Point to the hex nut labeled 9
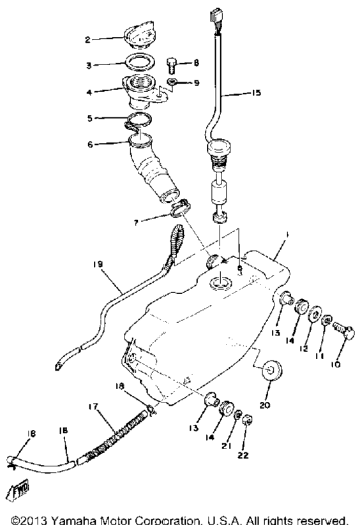[172, 82]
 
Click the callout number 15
[256, 92]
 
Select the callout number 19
[98, 265]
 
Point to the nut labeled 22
[248, 420]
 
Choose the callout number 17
[93, 406]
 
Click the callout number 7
[136, 223]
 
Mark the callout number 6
[90, 145]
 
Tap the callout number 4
[89, 92]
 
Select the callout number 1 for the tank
[287, 234]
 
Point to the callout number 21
[227, 446]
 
